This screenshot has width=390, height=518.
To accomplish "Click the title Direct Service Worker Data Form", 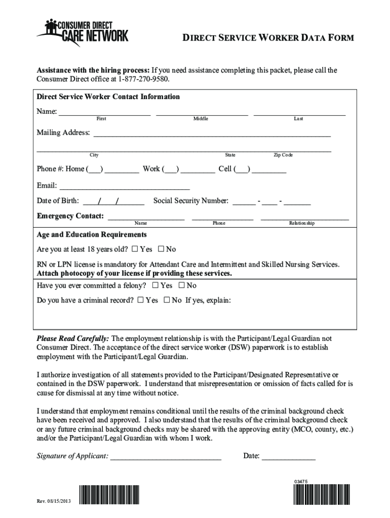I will [268, 38].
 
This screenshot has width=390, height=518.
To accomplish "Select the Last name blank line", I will [299, 113].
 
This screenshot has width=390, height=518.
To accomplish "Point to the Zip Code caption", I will [283, 155].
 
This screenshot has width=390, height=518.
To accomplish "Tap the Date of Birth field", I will [114, 202].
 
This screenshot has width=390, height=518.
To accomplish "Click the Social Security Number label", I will [191, 201].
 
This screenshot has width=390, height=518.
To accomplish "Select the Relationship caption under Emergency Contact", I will [302, 223].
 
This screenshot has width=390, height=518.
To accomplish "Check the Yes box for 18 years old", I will [135, 249].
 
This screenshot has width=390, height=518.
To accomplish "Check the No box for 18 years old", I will [161, 249].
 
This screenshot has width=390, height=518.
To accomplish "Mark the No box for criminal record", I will [167, 300].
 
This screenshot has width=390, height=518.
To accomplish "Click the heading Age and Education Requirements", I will [92, 235].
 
